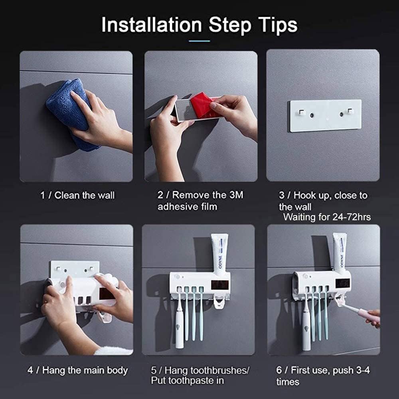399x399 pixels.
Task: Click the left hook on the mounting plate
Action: pyautogui.click(x=302, y=113)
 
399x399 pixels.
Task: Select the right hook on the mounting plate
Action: pyautogui.click(x=350, y=112)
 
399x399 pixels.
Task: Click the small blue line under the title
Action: pyautogui.click(x=199, y=41)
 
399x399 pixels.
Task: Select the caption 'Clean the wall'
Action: pyautogui.click(x=84, y=196)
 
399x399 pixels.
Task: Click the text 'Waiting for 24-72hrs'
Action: pyautogui.click(x=327, y=217)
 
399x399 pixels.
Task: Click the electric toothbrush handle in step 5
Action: pyautogui.click(x=180, y=327)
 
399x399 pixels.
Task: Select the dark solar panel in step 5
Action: pyautogui.click(x=218, y=285)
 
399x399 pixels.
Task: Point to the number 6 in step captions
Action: pyautogui.click(x=279, y=370)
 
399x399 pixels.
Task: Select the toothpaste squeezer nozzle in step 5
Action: pyautogui.click(x=219, y=303)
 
